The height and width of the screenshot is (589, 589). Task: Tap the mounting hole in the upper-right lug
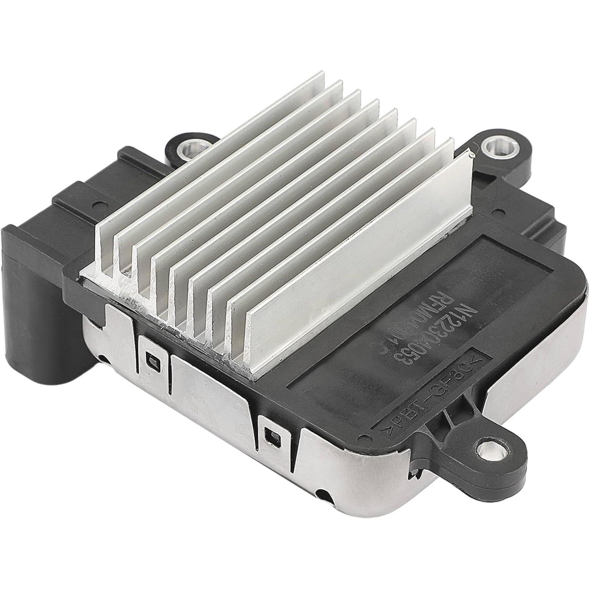point(493,148)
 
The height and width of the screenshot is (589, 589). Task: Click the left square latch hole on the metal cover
point(152,359)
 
